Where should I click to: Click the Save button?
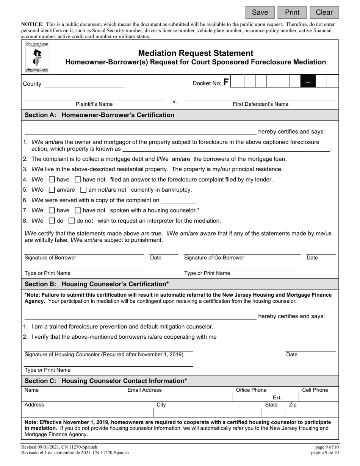(x=260, y=13)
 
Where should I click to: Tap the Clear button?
(x=324, y=13)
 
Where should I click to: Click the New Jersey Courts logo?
(x=37, y=57)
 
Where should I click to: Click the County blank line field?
(x=85, y=84)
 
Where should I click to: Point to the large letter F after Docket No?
(x=226, y=82)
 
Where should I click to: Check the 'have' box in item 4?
(x=52, y=180)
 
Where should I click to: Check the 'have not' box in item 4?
(x=78, y=180)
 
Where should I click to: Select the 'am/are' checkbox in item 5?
(x=52, y=190)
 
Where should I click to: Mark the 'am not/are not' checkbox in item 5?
(x=84, y=190)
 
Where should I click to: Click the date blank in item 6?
(x=179, y=200)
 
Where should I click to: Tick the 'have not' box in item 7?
(x=78, y=210)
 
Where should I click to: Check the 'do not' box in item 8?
(x=72, y=220)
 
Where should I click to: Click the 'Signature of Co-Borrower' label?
(x=214, y=258)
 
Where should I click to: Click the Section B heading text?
(x=97, y=284)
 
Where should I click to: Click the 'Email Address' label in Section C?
(x=144, y=390)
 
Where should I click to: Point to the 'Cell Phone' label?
(x=315, y=390)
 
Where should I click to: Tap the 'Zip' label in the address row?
(x=293, y=405)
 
